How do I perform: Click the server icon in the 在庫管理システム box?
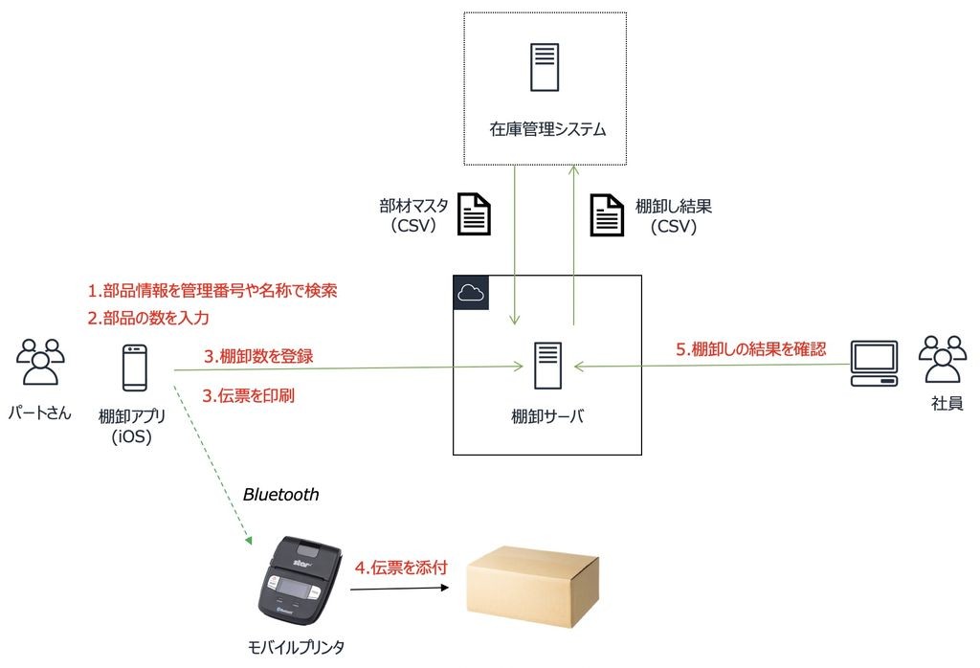coord(545,68)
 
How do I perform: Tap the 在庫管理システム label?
coord(547,129)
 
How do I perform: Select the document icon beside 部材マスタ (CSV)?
coord(474,213)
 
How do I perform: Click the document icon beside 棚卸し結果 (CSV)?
coord(607,215)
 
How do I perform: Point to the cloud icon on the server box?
coord(471,293)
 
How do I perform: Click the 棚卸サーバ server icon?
coord(548,366)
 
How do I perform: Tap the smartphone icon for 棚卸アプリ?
coord(134,368)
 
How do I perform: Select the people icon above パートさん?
coord(40,361)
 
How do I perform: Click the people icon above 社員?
coord(943,358)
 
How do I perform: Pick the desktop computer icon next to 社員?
coord(875,364)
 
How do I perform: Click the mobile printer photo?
coord(301,581)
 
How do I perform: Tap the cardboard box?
coord(532,586)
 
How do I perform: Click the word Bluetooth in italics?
coord(280,494)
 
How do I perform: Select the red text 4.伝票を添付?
coord(401,568)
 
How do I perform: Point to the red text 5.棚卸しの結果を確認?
coord(750,348)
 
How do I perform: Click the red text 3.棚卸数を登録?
coord(258,356)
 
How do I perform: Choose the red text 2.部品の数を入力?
coord(148,318)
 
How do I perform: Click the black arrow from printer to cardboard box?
coord(399,588)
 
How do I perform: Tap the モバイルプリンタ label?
coord(296,647)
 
